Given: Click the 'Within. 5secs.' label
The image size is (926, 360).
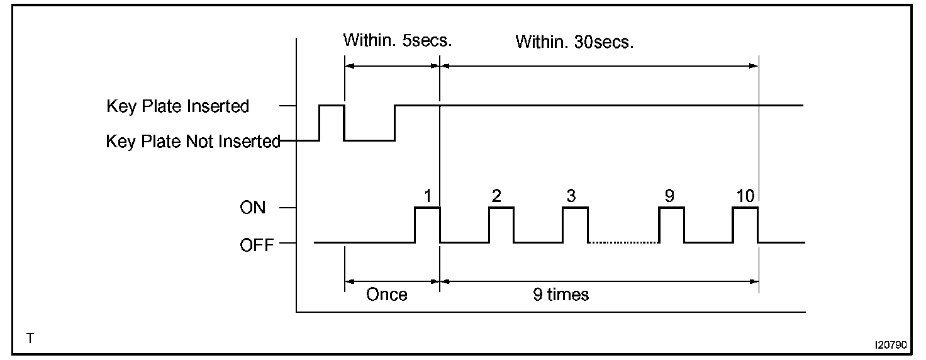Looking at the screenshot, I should click(x=398, y=41).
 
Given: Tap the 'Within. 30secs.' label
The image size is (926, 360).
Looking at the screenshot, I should click(x=574, y=42).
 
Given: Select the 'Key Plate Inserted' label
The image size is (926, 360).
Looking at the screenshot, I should click(x=178, y=106).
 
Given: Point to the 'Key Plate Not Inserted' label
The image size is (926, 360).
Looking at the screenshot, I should click(x=192, y=142).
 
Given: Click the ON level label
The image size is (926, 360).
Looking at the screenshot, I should click(x=253, y=208).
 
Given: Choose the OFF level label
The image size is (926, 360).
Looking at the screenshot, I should click(x=257, y=244).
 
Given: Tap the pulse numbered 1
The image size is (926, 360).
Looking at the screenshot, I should click(x=427, y=223).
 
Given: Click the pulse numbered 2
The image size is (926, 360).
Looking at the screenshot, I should click(x=501, y=223).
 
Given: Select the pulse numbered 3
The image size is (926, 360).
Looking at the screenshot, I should click(x=575, y=223).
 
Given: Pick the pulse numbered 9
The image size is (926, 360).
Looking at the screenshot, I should click(x=671, y=223).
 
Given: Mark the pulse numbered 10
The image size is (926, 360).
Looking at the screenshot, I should click(x=745, y=223).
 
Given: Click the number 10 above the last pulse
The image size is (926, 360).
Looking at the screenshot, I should click(x=745, y=196).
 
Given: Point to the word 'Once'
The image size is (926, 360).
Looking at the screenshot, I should click(x=387, y=295).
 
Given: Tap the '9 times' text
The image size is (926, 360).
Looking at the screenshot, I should click(x=561, y=295).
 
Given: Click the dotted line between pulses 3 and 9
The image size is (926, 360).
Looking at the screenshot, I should click(x=623, y=242).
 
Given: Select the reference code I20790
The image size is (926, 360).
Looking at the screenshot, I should click(x=890, y=345).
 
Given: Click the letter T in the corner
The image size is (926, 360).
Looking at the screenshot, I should click(x=30, y=339).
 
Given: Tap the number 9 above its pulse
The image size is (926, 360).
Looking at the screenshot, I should click(x=669, y=196).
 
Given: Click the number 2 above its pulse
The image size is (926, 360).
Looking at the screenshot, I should click(x=496, y=196).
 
